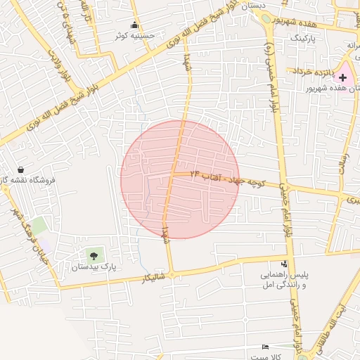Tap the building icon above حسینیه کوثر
click(134, 25)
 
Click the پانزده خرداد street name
click(307, 71)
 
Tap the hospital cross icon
click(342, 77)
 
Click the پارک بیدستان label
click(94, 268)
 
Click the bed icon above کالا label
click(264, 347)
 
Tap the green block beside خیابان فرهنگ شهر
click(39, 226)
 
